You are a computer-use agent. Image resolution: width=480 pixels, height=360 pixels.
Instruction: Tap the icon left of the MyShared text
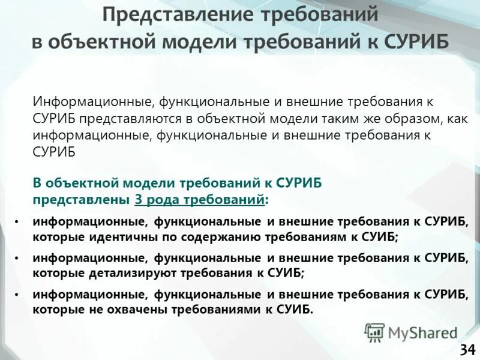pos(374,332)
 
